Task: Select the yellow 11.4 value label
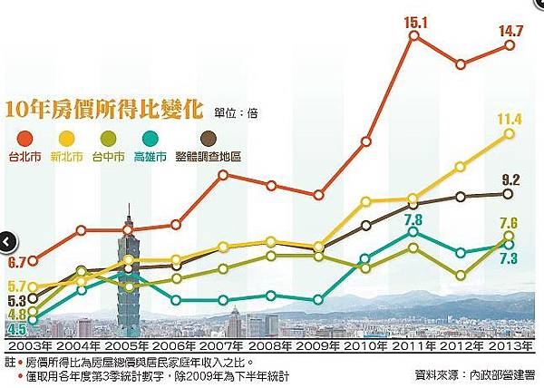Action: [x=509, y=119]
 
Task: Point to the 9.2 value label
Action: [x=510, y=179]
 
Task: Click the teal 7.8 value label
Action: [x=413, y=218]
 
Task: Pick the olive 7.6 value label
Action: [x=509, y=223]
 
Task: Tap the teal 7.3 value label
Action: [x=509, y=259]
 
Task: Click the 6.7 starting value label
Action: [x=16, y=263]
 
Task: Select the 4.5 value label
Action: [x=15, y=329]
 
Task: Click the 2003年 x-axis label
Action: [x=30, y=348]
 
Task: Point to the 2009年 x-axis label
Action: [x=316, y=348]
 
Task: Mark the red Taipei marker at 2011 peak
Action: [x=413, y=36]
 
